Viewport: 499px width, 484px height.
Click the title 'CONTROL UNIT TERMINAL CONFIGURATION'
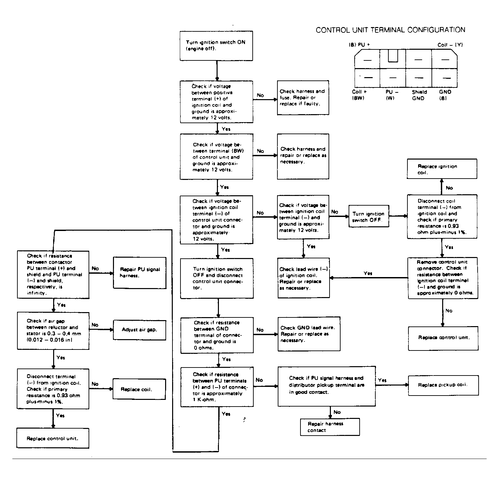point(390,30)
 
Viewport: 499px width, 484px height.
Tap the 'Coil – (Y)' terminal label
point(450,45)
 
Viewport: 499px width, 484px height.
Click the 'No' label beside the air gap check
point(95,325)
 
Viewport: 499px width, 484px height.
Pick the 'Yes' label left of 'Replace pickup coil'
point(382,380)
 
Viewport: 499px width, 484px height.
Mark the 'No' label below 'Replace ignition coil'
point(449,188)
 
